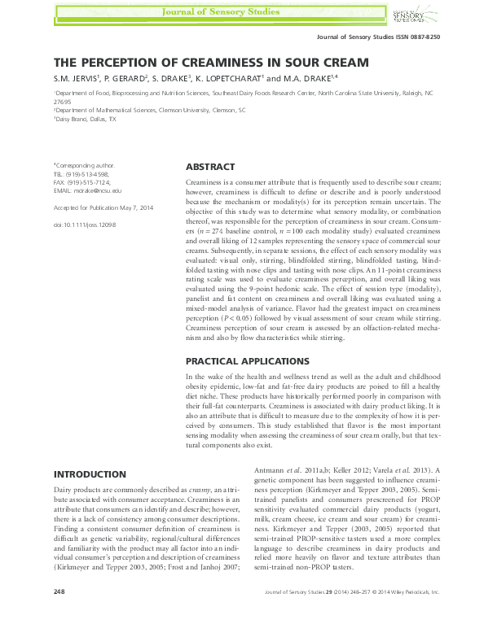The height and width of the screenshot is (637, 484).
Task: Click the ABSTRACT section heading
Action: (x=210, y=166)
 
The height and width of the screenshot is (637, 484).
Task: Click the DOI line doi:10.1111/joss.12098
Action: (x=85, y=223)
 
